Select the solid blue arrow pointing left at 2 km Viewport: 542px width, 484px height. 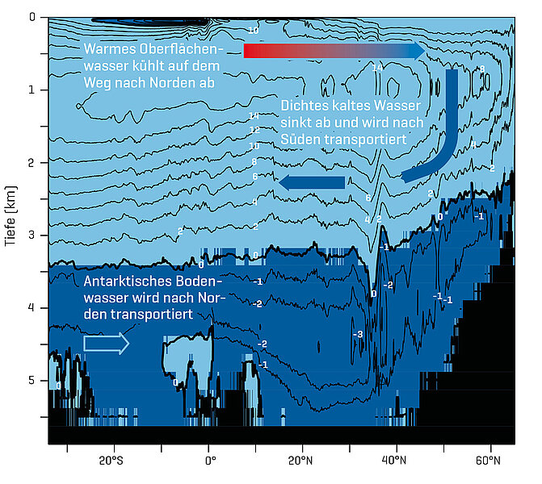(311, 183)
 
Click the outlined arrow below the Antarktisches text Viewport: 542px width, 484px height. (106, 344)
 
